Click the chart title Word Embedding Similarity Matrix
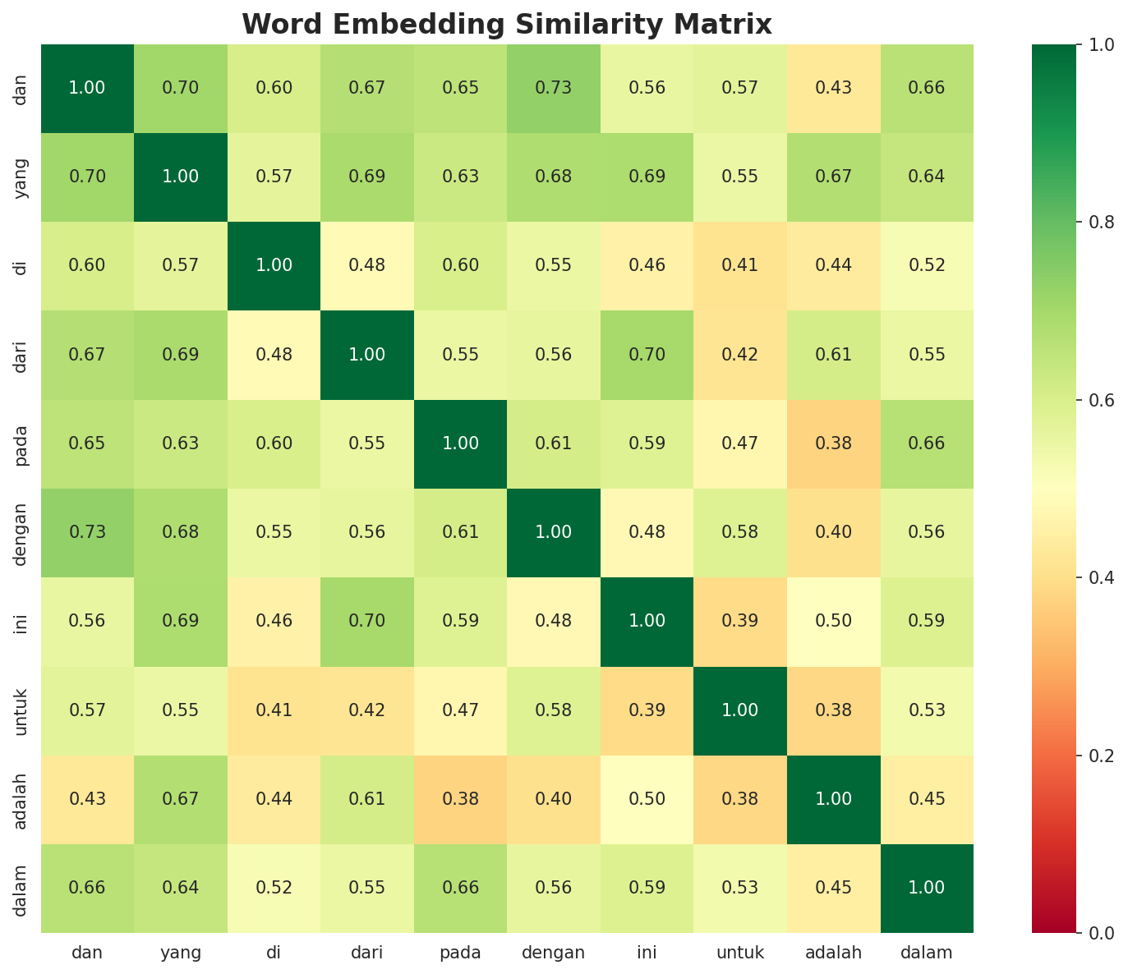(x=507, y=25)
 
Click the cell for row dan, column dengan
(x=553, y=88)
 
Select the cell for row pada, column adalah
(x=833, y=443)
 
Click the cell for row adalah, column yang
(x=180, y=798)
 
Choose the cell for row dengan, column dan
(x=86, y=532)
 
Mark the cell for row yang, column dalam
(x=927, y=177)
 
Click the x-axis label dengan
(x=553, y=953)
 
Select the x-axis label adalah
(x=833, y=953)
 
